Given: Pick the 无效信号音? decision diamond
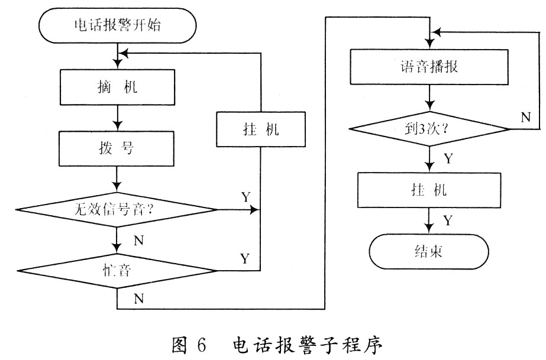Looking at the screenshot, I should [118, 209].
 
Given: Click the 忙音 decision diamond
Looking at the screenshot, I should [118, 270].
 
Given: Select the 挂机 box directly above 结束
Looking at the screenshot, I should [429, 190].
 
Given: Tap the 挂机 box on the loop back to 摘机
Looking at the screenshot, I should [261, 128].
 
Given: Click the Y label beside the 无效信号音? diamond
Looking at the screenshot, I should [245, 196].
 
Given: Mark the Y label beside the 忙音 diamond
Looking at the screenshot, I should [245, 258].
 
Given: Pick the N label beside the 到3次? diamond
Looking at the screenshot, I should [525, 116].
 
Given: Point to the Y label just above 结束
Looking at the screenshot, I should [448, 220].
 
